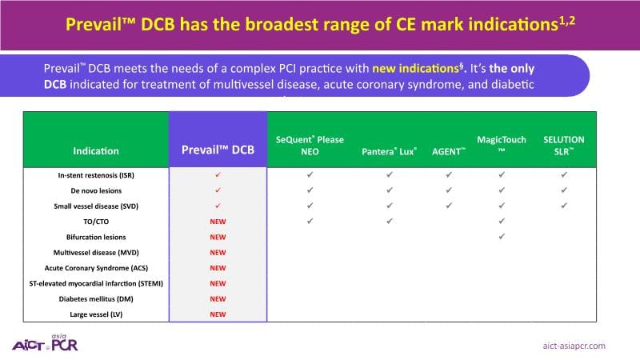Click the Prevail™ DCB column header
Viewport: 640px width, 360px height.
tap(218, 150)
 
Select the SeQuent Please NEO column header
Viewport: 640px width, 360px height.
tap(310, 146)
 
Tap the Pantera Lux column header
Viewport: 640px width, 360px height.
tap(390, 151)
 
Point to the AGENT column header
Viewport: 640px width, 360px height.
tap(449, 151)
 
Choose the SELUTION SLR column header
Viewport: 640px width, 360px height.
tap(564, 146)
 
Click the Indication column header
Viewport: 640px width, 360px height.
tap(96, 151)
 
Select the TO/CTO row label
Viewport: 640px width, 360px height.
tap(96, 222)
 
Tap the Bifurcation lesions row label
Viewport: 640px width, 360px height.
tap(96, 237)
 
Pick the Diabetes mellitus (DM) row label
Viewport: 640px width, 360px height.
tap(96, 298)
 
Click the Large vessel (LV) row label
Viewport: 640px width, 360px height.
tap(96, 314)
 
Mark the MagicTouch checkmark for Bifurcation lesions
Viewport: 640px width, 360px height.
tap(502, 236)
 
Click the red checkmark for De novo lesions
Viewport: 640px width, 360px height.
tap(218, 190)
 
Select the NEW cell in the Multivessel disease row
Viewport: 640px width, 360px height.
tap(218, 253)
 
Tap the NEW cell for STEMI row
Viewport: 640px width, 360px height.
tap(218, 284)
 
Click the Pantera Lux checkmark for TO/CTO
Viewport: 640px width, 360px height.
tap(390, 221)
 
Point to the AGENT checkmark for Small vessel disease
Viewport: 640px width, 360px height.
tap(449, 206)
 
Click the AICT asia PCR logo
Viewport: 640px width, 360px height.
tap(45, 343)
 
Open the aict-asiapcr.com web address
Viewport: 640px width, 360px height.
tap(574, 346)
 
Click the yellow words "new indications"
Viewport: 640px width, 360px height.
tap(415, 68)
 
